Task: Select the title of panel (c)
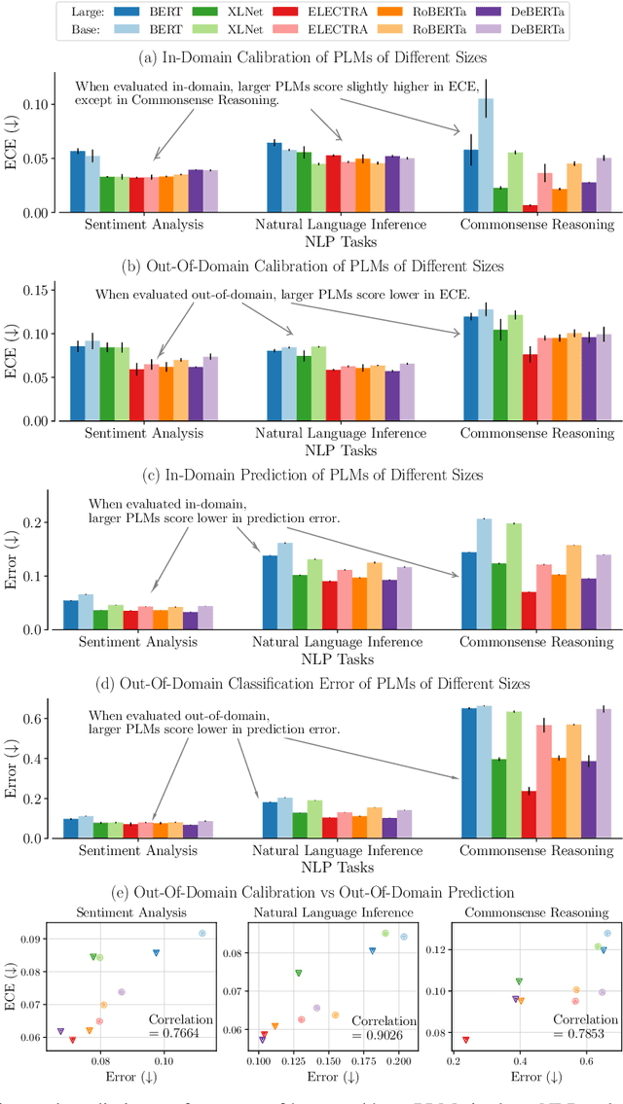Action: point(311,475)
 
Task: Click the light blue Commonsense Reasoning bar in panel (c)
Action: point(485,574)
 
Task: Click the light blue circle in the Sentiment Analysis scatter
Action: point(202,933)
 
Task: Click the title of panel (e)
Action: point(311,892)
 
